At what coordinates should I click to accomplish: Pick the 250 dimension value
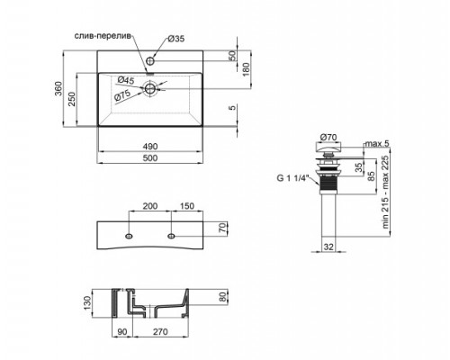tap(85, 99)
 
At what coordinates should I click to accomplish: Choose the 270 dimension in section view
tap(160, 332)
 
